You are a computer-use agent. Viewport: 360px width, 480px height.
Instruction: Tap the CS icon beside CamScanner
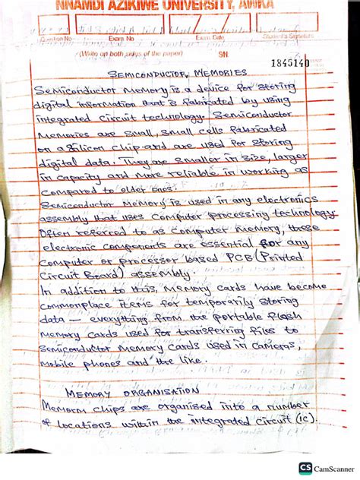(305, 469)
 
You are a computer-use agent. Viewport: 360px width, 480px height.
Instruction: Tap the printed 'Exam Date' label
(210, 36)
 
